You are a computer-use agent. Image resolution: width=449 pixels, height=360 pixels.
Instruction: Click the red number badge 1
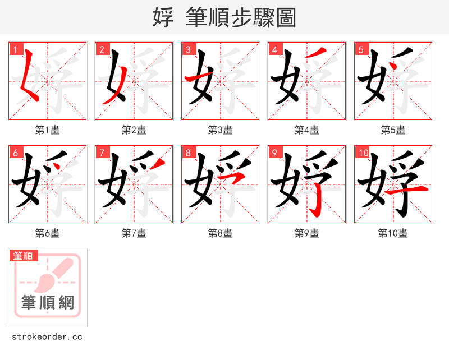click(15, 49)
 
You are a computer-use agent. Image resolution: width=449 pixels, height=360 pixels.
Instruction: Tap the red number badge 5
click(361, 49)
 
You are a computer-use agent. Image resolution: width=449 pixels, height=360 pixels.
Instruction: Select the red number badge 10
click(363, 153)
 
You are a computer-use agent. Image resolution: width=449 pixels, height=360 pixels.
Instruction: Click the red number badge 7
click(102, 153)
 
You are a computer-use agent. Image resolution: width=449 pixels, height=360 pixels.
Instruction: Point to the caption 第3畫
click(220, 130)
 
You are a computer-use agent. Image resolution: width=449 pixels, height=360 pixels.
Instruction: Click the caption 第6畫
click(47, 233)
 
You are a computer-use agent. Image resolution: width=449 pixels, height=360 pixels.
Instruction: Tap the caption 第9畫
click(306, 233)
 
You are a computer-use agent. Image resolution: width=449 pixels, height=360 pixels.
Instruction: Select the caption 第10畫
click(393, 233)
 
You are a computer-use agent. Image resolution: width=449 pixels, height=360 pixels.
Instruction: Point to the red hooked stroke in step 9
click(318, 202)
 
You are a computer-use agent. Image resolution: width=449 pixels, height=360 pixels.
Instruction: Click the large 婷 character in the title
click(163, 17)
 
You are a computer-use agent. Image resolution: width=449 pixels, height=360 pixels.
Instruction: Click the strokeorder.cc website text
click(47, 337)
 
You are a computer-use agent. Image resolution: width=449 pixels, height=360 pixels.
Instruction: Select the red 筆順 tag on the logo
click(24, 256)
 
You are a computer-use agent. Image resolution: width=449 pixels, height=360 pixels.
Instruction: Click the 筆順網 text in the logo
click(48, 303)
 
